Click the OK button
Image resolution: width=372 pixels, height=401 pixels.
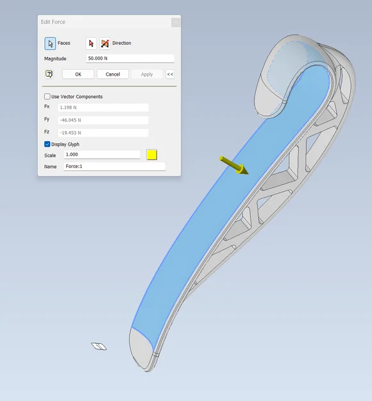(78, 74)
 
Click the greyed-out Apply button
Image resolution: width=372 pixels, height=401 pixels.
(147, 74)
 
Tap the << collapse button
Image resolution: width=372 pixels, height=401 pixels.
(170, 74)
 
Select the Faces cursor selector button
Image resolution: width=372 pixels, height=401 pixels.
(50, 43)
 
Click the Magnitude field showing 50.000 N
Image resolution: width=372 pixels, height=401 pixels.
(130, 58)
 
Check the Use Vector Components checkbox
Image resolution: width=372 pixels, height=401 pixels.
(47, 96)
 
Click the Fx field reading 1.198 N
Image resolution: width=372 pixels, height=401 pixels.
(103, 107)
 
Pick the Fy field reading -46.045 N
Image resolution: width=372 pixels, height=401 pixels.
(103, 120)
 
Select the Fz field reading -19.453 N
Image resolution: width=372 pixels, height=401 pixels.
(103, 133)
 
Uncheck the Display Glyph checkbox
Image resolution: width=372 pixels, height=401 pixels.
(47, 144)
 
